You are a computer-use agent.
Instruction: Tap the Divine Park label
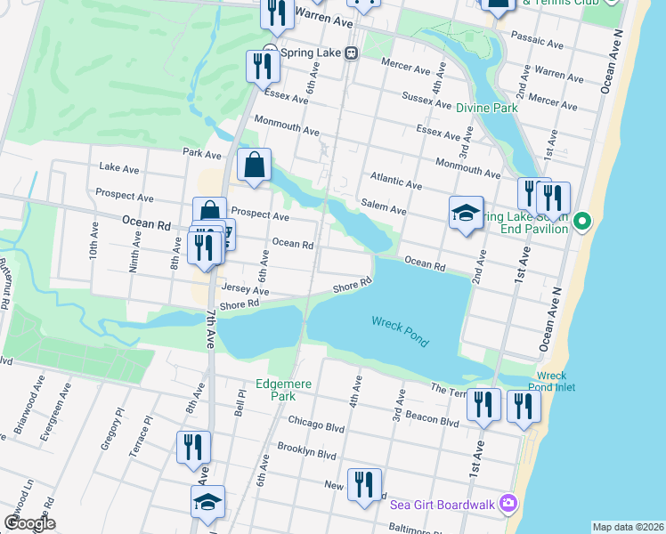point(487,108)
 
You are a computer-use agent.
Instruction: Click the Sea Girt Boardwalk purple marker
point(508,504)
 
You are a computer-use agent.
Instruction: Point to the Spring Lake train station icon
point(352,53)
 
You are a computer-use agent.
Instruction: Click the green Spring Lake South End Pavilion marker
point(582,220)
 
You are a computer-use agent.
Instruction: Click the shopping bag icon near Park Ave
point(255,165)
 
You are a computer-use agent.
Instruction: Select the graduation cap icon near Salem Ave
point(466,214)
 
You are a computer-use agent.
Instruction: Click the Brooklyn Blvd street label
point(306,450)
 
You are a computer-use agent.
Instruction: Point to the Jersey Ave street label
point(245,290)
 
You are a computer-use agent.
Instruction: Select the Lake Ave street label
point(119,167)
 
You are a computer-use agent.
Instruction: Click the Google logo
point(29,523)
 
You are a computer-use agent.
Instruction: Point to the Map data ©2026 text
point(628,527)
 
